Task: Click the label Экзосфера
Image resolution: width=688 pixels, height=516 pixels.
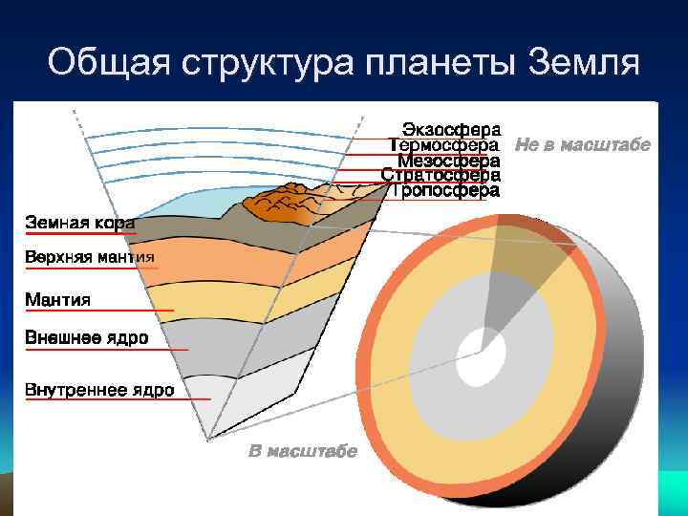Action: point(449,128)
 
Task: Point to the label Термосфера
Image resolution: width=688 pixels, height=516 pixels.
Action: point(444,144)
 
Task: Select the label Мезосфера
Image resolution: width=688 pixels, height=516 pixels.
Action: point(448,160)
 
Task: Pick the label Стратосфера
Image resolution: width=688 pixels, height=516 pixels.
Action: point(441,175)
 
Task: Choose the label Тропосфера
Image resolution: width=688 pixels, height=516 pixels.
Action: point(444,190)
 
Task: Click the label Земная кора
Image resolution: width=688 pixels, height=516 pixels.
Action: point(78,222)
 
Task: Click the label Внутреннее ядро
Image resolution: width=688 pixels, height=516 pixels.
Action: point(99,389)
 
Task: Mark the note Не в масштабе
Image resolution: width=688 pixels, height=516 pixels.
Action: point(582,144)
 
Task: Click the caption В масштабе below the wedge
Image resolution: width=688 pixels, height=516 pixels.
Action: point(303,451)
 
